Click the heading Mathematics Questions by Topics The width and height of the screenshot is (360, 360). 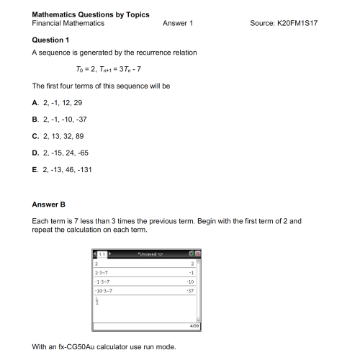click(81, 14)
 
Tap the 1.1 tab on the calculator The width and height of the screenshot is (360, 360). click(102, 256)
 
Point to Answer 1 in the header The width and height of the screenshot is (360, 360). click(178, 24)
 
